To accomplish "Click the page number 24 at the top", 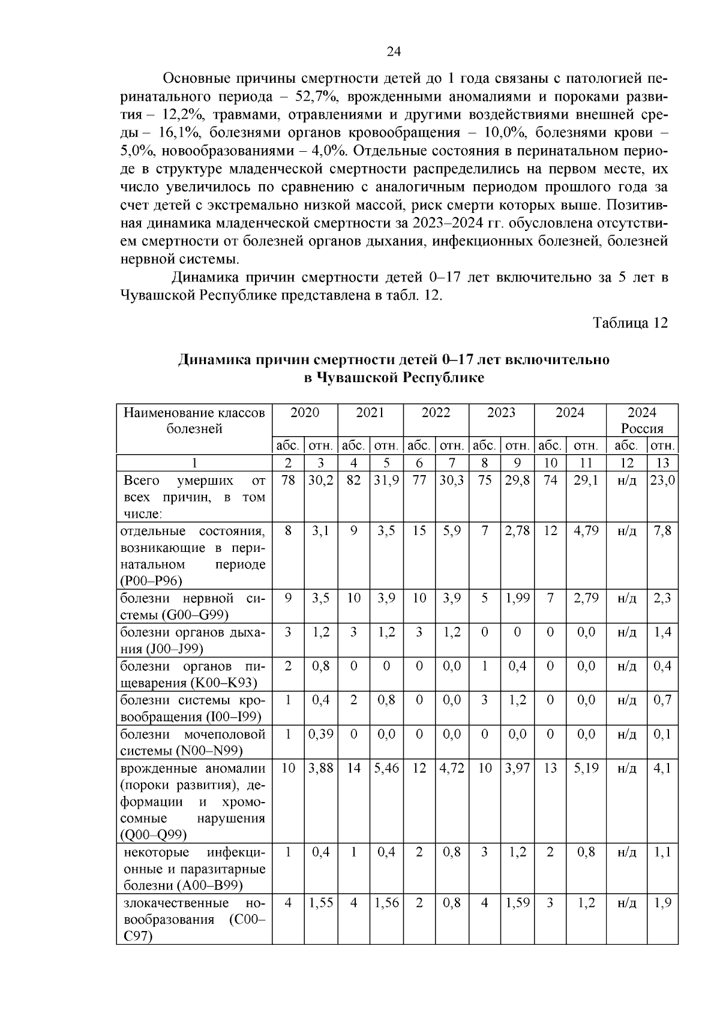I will [394, 52].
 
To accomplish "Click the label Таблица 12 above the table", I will [630, 323].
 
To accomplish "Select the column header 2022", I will [436, 413].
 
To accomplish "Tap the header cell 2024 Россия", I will [641, 421].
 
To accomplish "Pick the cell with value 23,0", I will [662, 481].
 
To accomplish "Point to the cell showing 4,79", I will [586, 531].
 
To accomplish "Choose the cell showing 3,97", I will [517, 768].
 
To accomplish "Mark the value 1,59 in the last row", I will [517, 903].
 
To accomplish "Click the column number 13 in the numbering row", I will [662, 463].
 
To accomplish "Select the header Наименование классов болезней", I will [194, 421].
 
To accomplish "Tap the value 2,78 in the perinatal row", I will [517, 531].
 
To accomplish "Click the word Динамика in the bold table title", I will [214, 360].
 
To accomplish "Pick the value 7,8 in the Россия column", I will [662, 531].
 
